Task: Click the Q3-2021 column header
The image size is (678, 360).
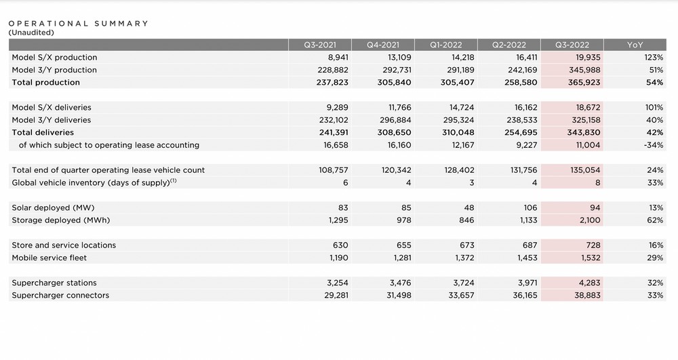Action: [x=319, y=45]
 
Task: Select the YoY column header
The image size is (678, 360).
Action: [x=635, y=45]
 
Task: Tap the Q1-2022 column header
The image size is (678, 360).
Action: [x=446, y=45]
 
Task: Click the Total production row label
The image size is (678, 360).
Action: [x=46, y=83]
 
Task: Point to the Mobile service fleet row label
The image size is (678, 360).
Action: [x=49, y=258]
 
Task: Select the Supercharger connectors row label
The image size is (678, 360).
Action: [x=60, y=296]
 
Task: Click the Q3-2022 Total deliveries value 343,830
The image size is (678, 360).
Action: [x=584, y=133]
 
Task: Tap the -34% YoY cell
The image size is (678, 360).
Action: [x=654, y=145]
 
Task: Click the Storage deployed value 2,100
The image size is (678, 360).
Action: [x=590, y=220]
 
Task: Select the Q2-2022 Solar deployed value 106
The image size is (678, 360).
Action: [x=530, y=208]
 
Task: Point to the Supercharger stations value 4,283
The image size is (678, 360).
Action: [x=590, y=283]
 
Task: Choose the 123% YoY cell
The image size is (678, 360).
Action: [x=654, y=58]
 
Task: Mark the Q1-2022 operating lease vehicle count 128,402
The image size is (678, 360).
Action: [x=459, y=170]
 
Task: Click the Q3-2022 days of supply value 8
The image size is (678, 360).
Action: [x=597, y=183]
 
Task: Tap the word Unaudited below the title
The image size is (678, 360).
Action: [x=31, y=33]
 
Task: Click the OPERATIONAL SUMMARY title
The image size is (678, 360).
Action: [x=78, y=23]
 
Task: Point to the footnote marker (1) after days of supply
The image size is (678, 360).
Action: [x=173, y=180]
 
